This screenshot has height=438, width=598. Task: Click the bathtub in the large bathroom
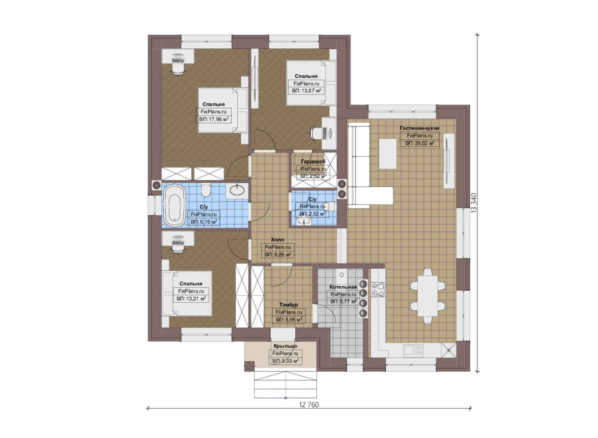(x=174, y=206)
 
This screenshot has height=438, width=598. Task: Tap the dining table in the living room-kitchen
(x=428, y=296)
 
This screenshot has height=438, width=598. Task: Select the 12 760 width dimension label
(x=309, y=405)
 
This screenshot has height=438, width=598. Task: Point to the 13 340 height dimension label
(x=474, y=203)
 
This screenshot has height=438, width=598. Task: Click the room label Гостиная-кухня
(x=419, y=128)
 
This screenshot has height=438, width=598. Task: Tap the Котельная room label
(x=343, y=287)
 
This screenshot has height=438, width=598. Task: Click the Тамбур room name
(x=288, y=305)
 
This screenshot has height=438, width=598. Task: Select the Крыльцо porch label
(x=285, y=346)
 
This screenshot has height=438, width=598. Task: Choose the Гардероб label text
(x=313, y=161)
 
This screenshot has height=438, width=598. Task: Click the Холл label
(x=277, y=239)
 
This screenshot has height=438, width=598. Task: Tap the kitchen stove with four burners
(x=378, y=290)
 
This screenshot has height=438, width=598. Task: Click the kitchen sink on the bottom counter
(x=413, y=350)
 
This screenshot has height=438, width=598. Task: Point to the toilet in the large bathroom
(x=206, y=190)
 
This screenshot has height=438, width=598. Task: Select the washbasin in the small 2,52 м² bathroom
(x=303, y=221)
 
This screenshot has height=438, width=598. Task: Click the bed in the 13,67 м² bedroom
(x=311, y=83)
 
